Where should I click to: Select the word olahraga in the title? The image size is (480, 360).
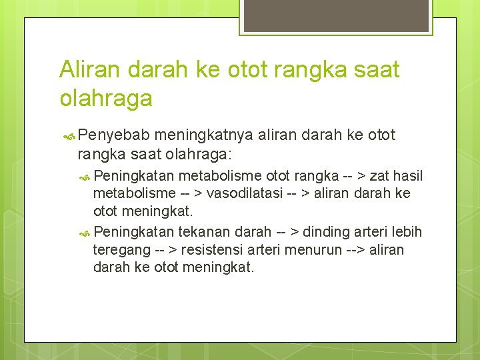click(x=106, y=99)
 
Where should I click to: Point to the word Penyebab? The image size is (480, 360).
click(x=107, y=135)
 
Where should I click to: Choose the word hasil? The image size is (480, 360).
click(x=408, y=176)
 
